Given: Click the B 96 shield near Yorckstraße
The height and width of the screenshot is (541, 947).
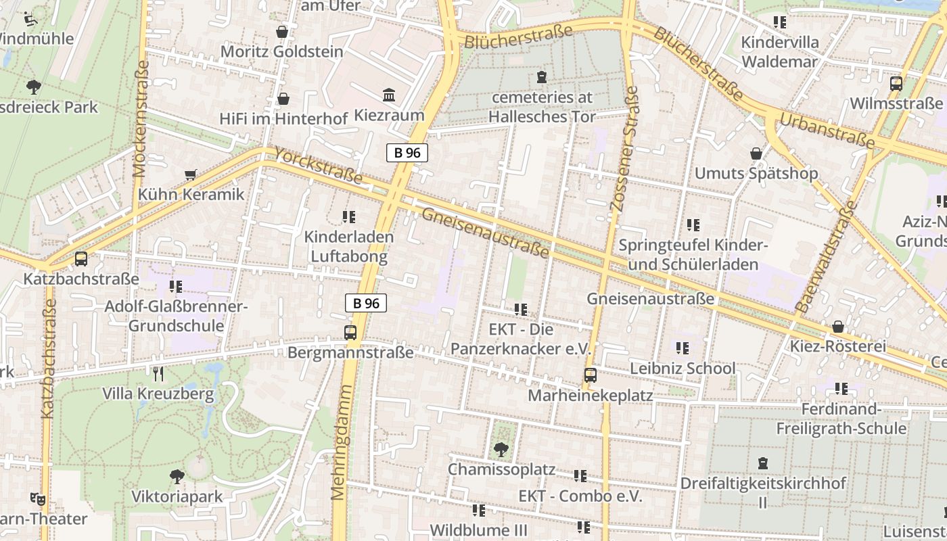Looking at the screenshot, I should (x=407, y=153).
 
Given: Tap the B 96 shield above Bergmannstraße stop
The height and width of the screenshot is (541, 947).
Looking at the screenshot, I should (x=367, y=303).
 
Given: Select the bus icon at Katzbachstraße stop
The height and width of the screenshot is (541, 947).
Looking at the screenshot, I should (x=81, y=259).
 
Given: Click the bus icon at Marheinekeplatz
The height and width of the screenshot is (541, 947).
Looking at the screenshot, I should (x=591, y=375).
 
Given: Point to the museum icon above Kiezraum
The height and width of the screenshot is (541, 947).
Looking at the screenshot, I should (x=389, y=95).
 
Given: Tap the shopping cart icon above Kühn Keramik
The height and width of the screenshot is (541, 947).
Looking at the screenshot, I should (x=191, y=175).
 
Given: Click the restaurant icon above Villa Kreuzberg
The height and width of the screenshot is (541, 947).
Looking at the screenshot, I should (x=158, y=374).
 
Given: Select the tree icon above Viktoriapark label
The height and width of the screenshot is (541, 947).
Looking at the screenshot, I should (x=177, y=477).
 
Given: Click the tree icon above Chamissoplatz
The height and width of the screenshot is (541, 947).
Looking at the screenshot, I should (x=501, y=449).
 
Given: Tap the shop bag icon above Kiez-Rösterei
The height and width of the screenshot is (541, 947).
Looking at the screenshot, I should (x=838, y=327).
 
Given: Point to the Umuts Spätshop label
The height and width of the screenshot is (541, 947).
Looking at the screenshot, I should (x=756, y=173).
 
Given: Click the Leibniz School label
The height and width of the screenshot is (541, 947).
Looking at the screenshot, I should (x=683, y=369).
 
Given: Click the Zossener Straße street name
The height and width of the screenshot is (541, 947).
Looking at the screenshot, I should (x=624, y=149).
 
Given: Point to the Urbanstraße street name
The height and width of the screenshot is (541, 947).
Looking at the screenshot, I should (x=827, y=131).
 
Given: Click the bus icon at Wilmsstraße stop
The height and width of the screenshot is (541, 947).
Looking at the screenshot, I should (x=896, y=84).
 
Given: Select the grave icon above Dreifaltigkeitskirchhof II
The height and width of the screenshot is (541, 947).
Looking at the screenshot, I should (x=763, y=463).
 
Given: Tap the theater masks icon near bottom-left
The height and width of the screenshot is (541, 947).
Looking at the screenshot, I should (x=38, y=499).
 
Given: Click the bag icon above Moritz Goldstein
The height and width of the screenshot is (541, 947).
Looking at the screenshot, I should (x=282, y=32).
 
